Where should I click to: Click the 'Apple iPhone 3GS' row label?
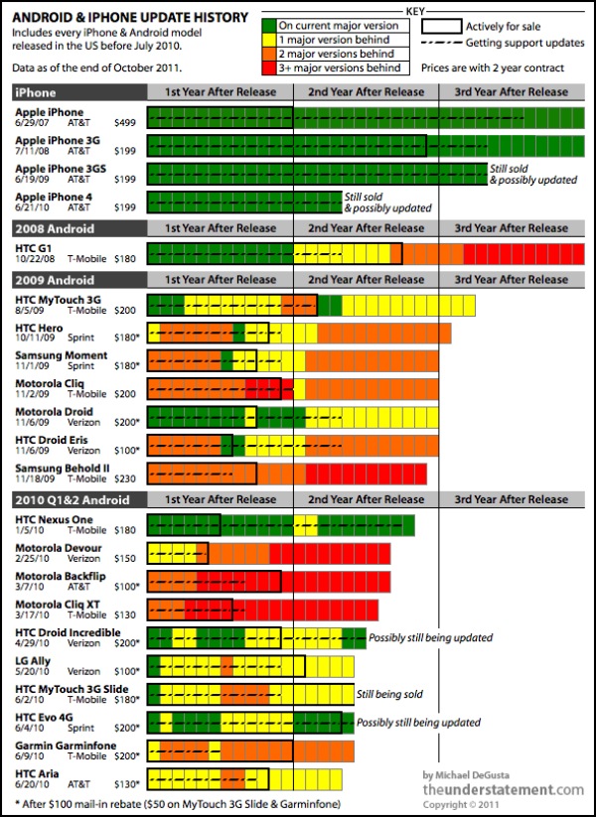tap(56, 169)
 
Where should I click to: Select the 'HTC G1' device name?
tap(35, 247)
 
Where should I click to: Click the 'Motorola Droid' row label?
tap(55, 412)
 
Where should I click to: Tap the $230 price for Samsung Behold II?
tap(127, 477)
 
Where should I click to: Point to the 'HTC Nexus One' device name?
tap(54, 519)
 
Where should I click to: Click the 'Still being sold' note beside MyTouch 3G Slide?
tap(391, 694)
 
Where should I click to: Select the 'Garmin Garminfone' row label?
tap(66, 745)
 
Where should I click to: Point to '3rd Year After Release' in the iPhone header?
tap(511, 91)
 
